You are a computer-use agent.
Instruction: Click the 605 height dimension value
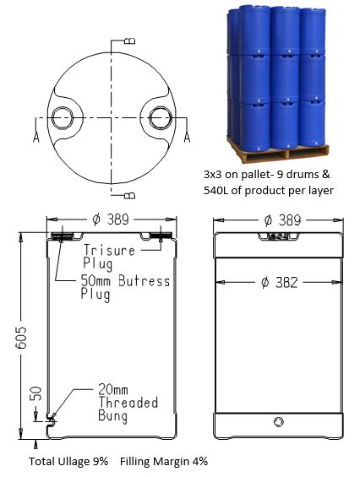click(x=22, y=338)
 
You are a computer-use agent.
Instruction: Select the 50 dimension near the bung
click(x=36, y=393)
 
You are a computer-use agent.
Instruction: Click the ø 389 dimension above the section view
click(x=111, y=220)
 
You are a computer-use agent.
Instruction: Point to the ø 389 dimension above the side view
click(x=282, y=220)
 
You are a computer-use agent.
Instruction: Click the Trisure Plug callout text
click(x=109, y=257)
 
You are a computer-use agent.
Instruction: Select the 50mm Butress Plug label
click(x=125, y=288)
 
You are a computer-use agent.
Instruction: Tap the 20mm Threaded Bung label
click(x=128, y=403)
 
